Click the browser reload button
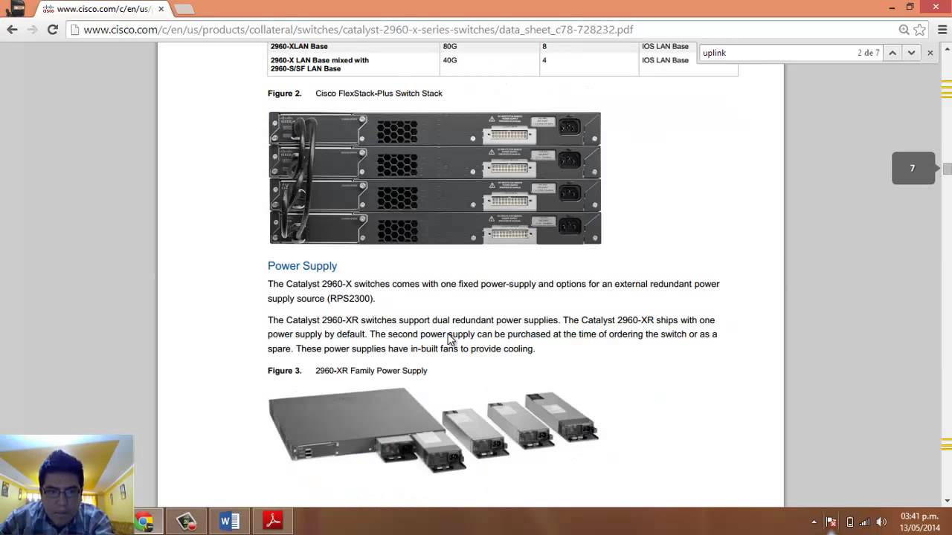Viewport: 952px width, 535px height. click(52, 30)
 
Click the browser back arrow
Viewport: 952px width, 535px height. click(12, 30)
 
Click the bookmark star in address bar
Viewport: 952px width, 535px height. click(920, 30)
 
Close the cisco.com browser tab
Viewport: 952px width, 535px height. click(161, 9)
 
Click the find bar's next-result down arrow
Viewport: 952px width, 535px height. click(911, 53)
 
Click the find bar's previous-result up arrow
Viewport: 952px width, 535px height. click(892, 53)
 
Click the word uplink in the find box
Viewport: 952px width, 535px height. click(714, 53)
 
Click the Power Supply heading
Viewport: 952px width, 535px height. click(302, 266)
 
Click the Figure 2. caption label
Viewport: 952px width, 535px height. click(284, 94)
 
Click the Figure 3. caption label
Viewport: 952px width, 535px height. click(284, 371)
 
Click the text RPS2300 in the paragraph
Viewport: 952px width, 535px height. click(350, 299)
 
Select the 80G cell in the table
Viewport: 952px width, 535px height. click(450, 46)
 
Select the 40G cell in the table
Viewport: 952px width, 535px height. click(450, 60)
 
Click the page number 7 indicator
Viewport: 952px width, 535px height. click(913, 169)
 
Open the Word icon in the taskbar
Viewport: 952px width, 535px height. click(230, 522)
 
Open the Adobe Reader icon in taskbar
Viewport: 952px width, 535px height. click(273, 522)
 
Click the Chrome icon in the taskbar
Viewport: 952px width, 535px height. click(144, 522)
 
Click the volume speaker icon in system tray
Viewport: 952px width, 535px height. click(882, 522)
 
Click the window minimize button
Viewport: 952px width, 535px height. click(892, 7)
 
